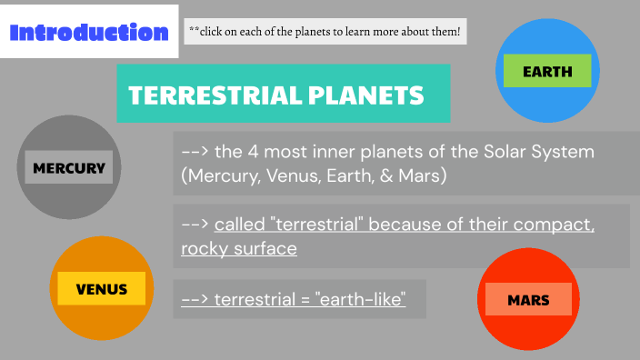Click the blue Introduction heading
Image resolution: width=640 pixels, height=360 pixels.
tap(88, 33)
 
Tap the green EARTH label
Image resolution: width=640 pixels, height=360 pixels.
tap(547, 71)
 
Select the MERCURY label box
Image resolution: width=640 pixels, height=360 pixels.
tap(69, 167)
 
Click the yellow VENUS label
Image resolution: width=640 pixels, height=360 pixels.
tap(101, 289)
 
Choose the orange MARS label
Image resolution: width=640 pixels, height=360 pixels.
tap(528, 299)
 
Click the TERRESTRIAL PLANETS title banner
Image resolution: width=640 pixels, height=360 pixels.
tap(283, 94)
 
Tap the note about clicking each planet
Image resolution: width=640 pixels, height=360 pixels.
tap(325, 33)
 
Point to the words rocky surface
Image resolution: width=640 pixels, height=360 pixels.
tap(239, 248)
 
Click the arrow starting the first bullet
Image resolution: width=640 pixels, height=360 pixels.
tap(195, 151)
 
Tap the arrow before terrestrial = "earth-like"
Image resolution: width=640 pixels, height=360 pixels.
tap(195, 298)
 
